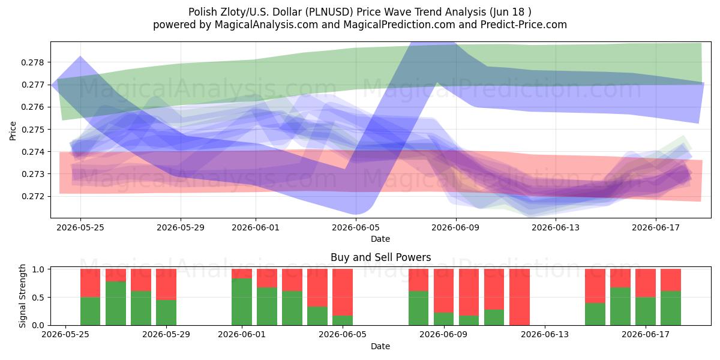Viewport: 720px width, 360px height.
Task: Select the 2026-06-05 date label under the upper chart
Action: pyautogui.click(x=356, y=227)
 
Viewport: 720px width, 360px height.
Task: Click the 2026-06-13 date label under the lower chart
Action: pyautogui.click(x=545, y=335)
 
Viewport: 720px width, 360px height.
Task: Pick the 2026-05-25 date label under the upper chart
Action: pyautogui.click(x=80, y=227)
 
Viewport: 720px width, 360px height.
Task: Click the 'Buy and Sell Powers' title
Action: pyautogui.click(x=380, y=257)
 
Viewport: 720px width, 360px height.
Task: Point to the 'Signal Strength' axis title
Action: pyautogui.click(x=22, y=296)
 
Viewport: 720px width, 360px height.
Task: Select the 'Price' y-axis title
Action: pyautogui.click(x=13, y=131)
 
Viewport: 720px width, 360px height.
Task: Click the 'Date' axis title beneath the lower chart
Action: pyautogui.click(x=380, y=346)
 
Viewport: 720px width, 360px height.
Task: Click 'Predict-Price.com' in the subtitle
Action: pyautogui.click(x=524, y=25)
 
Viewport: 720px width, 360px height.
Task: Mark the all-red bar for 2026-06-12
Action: pyautogui.click(x=520, y=297)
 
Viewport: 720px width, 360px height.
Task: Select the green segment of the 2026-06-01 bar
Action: pyautogui.click(x=242, y=302)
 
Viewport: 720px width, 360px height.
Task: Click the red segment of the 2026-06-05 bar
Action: pyautogui.click(x=343, y=292)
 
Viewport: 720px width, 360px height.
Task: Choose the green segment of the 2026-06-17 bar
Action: pyautogui.click(x=646, y=311)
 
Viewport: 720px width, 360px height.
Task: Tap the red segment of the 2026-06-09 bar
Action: pyautogui.click(x=443, y=290)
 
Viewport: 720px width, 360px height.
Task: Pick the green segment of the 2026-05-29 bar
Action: pyautogui.click(x=166, y=313)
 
